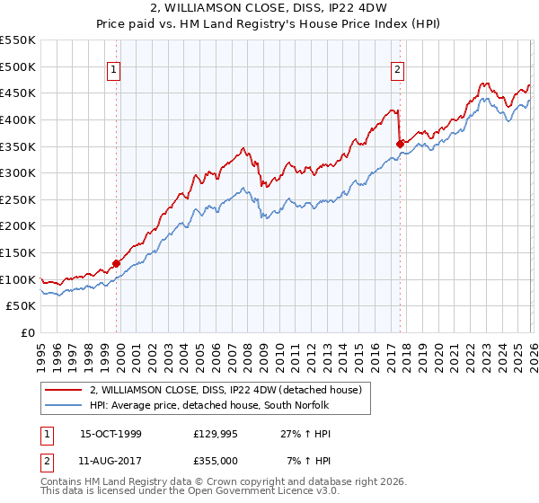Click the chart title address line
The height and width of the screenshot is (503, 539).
coord(269,9)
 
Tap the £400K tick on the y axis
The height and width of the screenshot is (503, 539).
coord(18,119)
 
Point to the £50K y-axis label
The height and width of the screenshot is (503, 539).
coord(21,306)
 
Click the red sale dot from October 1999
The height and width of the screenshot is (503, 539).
coord(116,263)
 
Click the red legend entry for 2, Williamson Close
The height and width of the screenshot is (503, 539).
coord(225,390)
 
